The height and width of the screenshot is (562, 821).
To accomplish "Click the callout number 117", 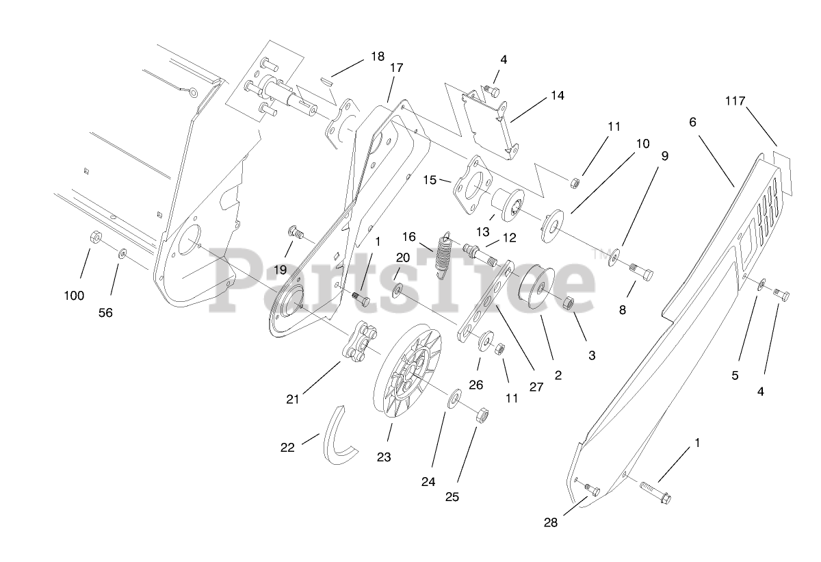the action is [x=735, y=101].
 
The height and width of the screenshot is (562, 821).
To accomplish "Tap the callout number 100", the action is [x=74, y=296].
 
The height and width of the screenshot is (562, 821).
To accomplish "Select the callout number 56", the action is [x=105, y=313].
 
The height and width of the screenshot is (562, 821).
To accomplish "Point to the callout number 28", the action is [x=551, y=522].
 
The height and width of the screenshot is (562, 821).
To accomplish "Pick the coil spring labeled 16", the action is [x=443, y=255].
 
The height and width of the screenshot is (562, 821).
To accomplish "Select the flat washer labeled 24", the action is [x=454, y=400].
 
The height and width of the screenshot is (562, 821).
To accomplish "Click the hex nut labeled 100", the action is [x=96, y=238].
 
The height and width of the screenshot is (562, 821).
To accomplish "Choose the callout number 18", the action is [x=378, y=56].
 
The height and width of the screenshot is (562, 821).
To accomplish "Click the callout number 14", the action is [x=557, y=96].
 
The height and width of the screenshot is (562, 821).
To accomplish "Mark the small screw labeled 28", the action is [x=591, y=489].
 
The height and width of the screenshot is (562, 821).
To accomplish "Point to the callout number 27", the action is [x=536, y=387].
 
